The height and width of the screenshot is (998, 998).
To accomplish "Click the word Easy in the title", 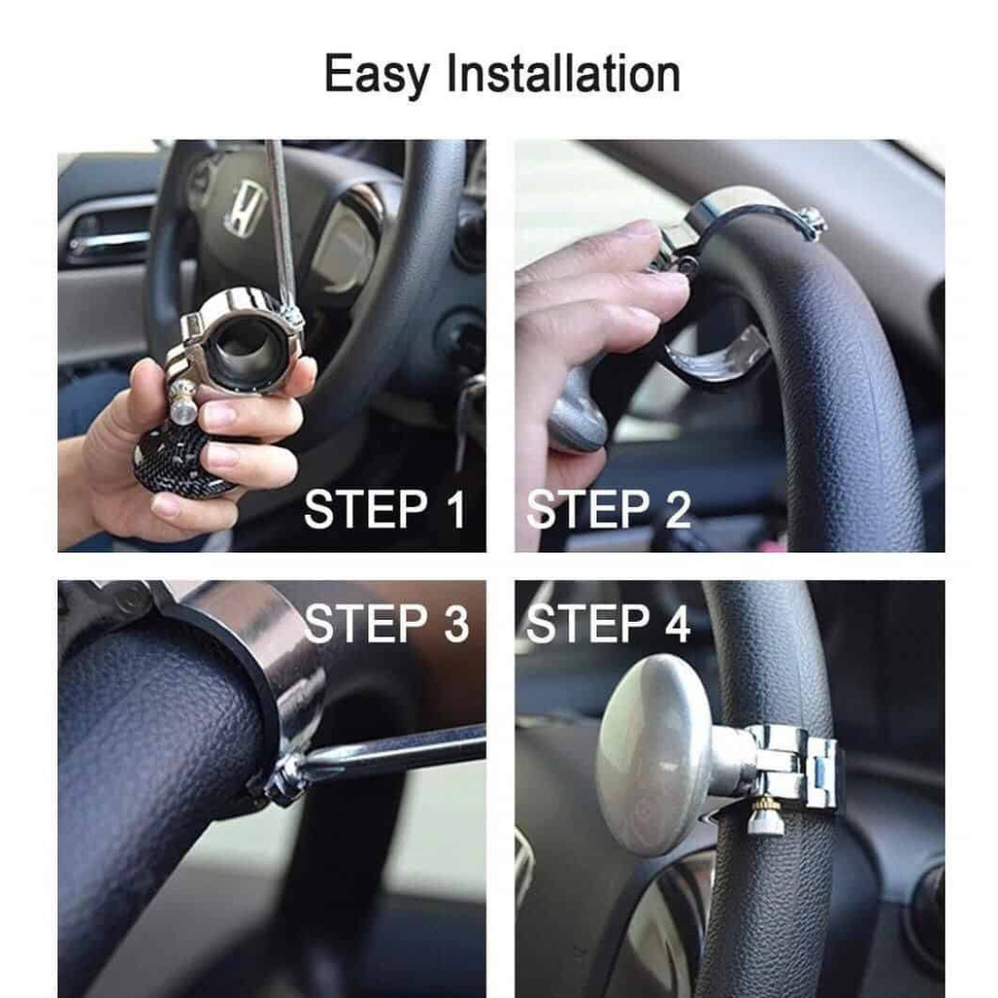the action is pyautogui.click(x=377, y=74).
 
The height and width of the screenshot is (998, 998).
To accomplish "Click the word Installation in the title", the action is pyautogui.click(x=564, y=73).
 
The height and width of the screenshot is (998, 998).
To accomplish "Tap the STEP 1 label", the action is pyautogui.click(x=385, y=509).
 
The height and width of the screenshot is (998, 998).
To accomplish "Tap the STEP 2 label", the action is pyautogui.click(x=608, y=509).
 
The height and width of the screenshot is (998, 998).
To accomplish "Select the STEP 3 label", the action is pyautogui.click(x=386, y=623).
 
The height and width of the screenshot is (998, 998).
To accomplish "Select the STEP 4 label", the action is pyautogui.click(x=608, y=623).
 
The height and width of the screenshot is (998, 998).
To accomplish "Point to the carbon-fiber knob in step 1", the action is pyautogui.click(x=180, y=460).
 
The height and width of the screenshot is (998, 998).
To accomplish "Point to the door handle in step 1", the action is pyautogui.click(x=107, y=239).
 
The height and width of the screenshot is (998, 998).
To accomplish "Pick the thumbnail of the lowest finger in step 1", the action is pyautogui.click(x=166, y=506).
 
